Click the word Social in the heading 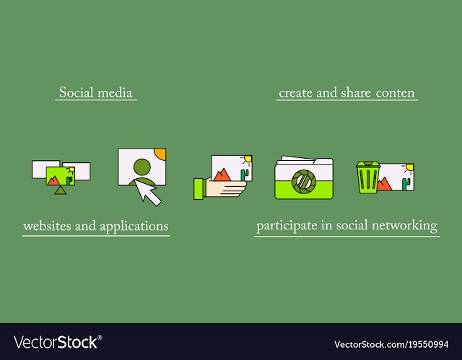coord(76,92)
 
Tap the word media coord(115,93)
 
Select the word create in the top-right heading coord(295,93)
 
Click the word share coord(356,93)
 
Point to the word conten coord(395,93)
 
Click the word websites coord(48,226)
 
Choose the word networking coord(404,226)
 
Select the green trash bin coord(367,177)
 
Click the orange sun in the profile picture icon coord(160,154)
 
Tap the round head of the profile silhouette coord(142,167)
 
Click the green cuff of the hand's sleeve coord(199,189)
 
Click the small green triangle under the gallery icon coord(61,190)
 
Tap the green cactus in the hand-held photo coord(244,175)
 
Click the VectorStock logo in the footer coord(58,343)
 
